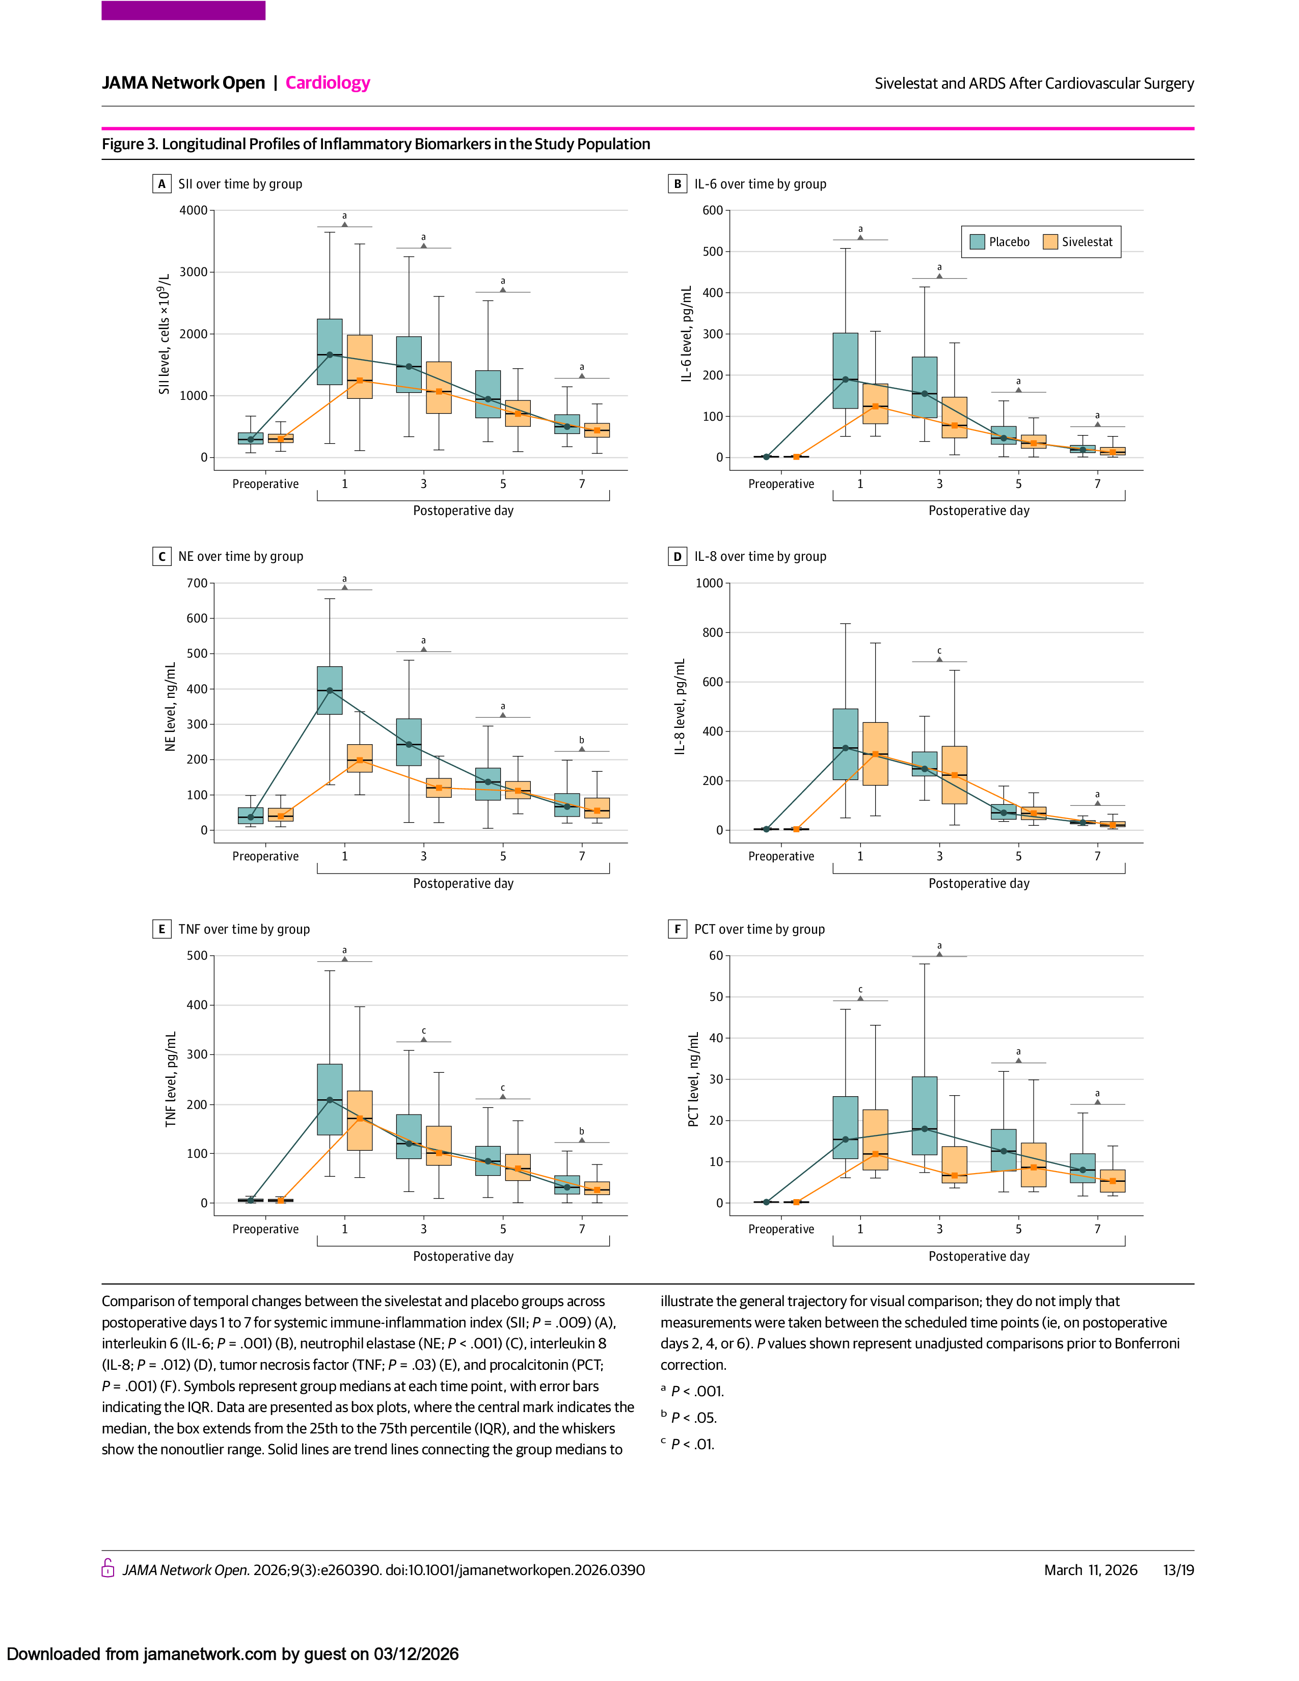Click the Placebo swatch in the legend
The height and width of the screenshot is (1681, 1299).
tap(978, 241)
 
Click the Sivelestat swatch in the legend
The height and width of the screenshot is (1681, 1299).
tap(1050, 241)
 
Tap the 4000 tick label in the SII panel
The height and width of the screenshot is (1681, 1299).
tap(193, 210)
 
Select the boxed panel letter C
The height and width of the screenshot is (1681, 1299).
tap(161, 556)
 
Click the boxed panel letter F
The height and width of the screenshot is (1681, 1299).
tap(677, 929)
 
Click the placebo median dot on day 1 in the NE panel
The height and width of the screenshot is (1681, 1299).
tap(330, 690)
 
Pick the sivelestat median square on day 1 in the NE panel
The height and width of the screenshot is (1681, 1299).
tap(359, 761)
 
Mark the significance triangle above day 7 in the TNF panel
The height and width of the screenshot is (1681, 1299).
tap(582, 1140)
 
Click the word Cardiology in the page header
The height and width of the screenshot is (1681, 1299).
tap(328, 83)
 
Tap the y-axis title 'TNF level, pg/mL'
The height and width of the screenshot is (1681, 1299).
tap(171, 1079)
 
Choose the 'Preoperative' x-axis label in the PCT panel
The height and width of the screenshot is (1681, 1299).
tap(781, 1229)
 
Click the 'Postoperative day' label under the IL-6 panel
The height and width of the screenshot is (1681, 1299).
tap(979, 510)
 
